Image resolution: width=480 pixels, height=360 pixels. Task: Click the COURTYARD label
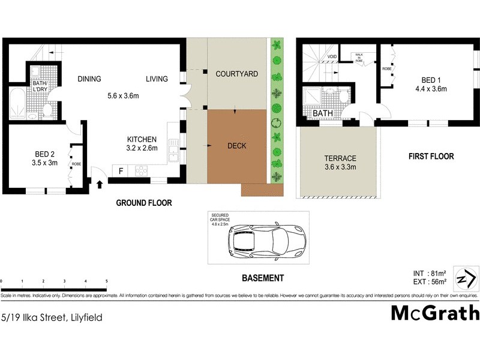237,74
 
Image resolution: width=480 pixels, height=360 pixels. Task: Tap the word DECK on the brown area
237,146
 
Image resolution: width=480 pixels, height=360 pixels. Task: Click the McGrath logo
435,313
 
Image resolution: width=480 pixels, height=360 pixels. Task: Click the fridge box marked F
121,170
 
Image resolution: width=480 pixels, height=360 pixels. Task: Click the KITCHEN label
142,139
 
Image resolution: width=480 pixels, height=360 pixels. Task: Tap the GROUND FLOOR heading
144,203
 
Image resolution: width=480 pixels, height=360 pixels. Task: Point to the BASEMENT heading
262,278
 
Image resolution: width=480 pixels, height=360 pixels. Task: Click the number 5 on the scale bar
106,281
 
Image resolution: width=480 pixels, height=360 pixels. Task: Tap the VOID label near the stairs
331,58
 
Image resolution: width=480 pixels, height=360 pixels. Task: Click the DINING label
89,79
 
